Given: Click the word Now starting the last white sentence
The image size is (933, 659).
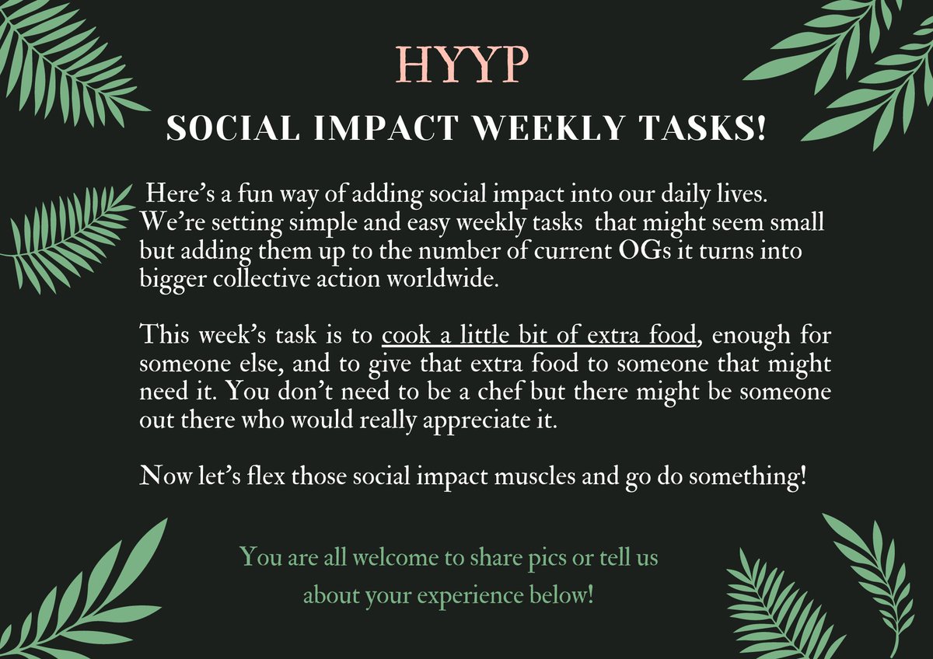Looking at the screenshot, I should (x=161, y=476).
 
